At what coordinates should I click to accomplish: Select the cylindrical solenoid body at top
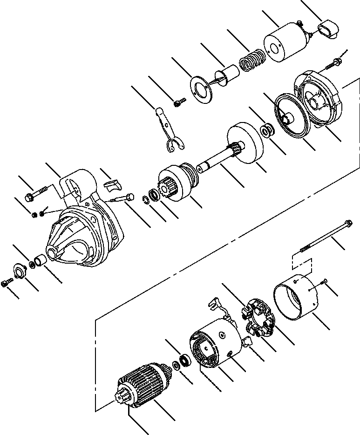point(283,45)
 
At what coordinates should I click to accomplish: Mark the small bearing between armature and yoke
point(185,360)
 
